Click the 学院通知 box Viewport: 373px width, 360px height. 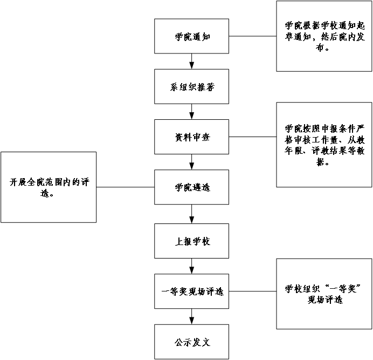pyautogui.click(x=192, y=37)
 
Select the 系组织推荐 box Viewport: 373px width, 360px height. pyautogui.click(x=192, y=86)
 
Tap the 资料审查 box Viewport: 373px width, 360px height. pyautogui.click(x=192, y=137)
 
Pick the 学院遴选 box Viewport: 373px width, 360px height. pyautogui.click(x=192, y=187)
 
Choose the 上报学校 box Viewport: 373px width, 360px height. pyautogui.click(x=192, y=241)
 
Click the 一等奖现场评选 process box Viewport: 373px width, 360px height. pyautogui.click(x=192, y=291)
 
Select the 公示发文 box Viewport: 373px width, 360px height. pyautogui.click(x=192, y=342)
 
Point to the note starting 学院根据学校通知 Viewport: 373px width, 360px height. pyautogui.click(x=324, y=36)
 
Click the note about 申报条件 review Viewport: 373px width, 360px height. pyautogui.click(x=324, y=145)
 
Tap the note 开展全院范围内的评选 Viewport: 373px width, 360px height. pyautogui.click(x=49, y=187)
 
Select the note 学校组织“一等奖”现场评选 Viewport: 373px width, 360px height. pyautogui.click(x=324, y=294)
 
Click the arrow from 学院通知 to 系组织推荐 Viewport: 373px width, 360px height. pyautogui.click(x=192, y=62)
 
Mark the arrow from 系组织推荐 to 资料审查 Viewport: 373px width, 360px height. pyautogui.click(x=192, y=112)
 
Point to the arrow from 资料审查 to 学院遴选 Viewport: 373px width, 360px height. pyautogui.click(x=192, y=162)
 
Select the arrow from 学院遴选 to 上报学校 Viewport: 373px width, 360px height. pyautogui.click(x=192, y=214)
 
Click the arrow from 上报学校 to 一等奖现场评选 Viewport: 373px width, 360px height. pyautogui.click(x=192, y=266)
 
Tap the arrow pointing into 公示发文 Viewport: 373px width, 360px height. pyautogui.click(x=192, y=316)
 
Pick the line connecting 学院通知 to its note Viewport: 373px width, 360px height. pyautogui.click(x=253, y=36)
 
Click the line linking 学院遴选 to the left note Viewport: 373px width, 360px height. pyautogui.click(x=125, y=187)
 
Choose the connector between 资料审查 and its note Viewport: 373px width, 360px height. pyautogui.click(x=253, y=137)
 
